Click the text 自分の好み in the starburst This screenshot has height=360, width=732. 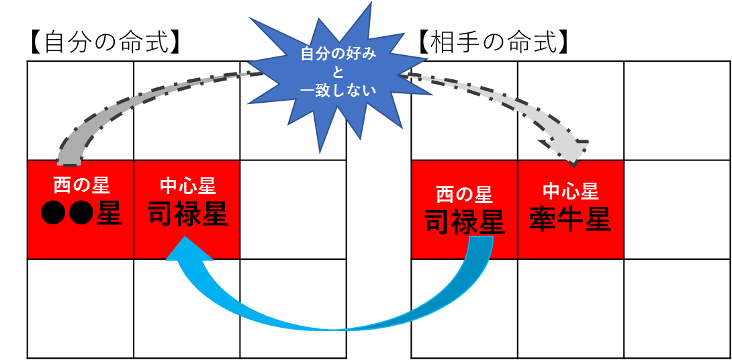tap(338, 54)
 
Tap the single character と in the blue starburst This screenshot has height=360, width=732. tap(338, 72)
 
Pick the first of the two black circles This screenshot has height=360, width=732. tap(54, 213)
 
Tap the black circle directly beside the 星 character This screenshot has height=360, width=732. tap(81, 213)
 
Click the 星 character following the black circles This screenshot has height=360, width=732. tap(109, 213)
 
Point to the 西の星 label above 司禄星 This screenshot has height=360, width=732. tap(464, 195)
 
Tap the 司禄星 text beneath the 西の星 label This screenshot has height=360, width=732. tap(464, 222)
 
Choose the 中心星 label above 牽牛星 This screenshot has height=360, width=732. tap(570, 192)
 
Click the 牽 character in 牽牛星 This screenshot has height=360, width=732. tap(543, 219)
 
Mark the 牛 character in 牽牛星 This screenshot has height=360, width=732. tap(570, 219)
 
